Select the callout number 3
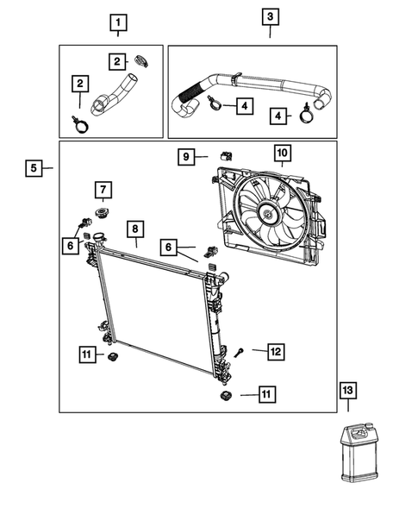coord(270,16)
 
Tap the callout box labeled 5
coord(33,168)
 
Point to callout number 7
coord(101,189)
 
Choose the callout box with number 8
coord(134,229)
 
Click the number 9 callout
coord(184,156)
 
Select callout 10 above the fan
coord(282,154)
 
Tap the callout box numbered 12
coord(275,351)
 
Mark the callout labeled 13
coord(347,392)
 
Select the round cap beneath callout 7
coord(101,212)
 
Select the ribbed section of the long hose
coord(190,89)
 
